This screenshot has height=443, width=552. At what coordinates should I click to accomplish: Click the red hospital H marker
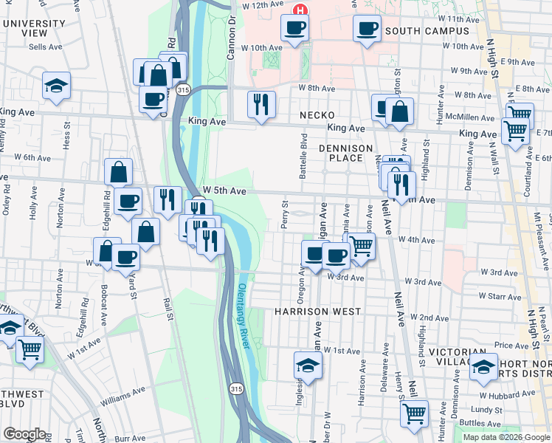tap(300, 10)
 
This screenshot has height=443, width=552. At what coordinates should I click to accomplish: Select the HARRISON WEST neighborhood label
tap(317, 312)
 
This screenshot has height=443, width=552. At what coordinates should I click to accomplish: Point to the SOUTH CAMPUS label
tap(427, 31)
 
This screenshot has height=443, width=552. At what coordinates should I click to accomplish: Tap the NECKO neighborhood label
tap(317, 116)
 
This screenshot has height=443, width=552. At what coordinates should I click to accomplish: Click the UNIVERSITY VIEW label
tap(34, 28)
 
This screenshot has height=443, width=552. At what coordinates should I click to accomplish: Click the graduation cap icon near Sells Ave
tap(56, 86)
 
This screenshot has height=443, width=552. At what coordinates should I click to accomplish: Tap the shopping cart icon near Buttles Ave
tap(414, 413)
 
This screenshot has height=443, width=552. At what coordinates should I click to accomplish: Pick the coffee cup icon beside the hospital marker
tap(294, 28)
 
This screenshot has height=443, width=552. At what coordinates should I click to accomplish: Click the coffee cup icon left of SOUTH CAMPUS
tap(367, 28)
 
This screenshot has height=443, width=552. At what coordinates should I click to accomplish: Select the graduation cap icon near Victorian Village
tap(484, 366)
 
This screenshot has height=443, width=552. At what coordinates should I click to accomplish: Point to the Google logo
tap(24, 434)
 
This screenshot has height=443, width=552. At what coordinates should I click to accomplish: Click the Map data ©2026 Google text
tap(506, 437)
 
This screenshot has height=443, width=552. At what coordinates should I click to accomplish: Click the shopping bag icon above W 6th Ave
tap(118, 173)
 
